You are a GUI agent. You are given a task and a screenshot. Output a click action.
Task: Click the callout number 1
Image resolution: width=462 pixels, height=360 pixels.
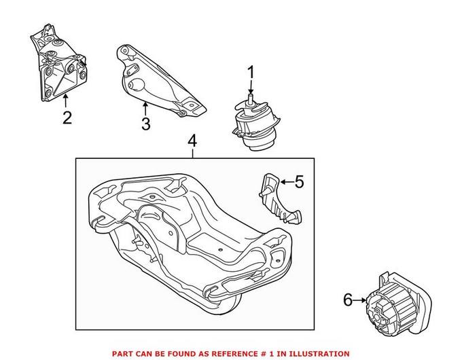pos(250,71)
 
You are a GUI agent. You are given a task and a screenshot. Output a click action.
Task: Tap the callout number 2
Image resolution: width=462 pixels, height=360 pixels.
pos(67,118)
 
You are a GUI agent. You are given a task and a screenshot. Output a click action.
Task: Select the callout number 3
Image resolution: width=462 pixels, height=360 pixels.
pos(145,124)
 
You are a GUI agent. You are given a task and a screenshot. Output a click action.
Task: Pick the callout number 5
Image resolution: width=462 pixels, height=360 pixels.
pos(300,181)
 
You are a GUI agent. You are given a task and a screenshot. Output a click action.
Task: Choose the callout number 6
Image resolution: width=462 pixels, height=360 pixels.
pos(349,299)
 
